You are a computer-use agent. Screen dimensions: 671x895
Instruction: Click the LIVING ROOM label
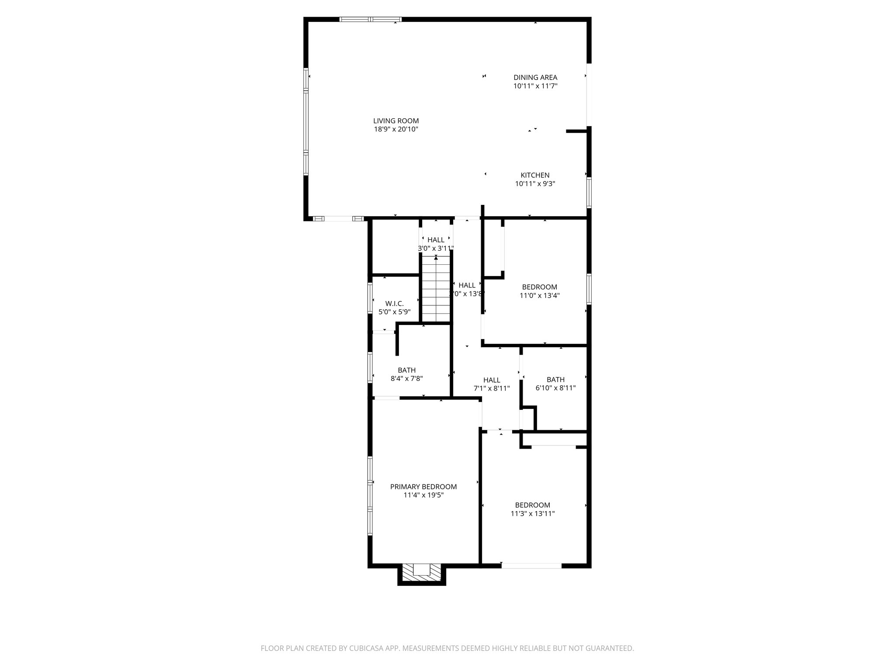tap(396, 121)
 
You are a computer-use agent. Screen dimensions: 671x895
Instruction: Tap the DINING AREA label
tap(535, 78)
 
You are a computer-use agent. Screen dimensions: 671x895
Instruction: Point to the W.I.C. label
tap(394, 304)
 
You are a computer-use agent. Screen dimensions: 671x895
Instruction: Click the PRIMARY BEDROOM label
tap(423, 487)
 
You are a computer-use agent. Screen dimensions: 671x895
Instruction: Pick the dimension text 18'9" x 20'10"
tap(396, 129)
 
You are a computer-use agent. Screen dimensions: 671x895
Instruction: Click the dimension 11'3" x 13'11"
tap(533, 514)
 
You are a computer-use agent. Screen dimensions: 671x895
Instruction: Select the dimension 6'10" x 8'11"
tap(555, 388)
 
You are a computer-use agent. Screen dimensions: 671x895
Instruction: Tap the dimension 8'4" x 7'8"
tap(406, 379)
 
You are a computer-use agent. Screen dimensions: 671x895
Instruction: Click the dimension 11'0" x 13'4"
tap(540, 295)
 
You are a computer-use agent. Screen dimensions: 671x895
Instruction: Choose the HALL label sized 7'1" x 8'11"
tap(492, 380)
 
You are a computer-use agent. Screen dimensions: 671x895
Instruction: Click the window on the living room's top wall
tap(371, 19)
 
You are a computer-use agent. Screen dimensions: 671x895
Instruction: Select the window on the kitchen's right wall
tap(589, 192)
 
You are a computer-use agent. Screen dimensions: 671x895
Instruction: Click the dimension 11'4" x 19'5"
tap(423, 495)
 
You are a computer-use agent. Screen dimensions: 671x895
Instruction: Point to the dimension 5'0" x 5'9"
tap(394, 312)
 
